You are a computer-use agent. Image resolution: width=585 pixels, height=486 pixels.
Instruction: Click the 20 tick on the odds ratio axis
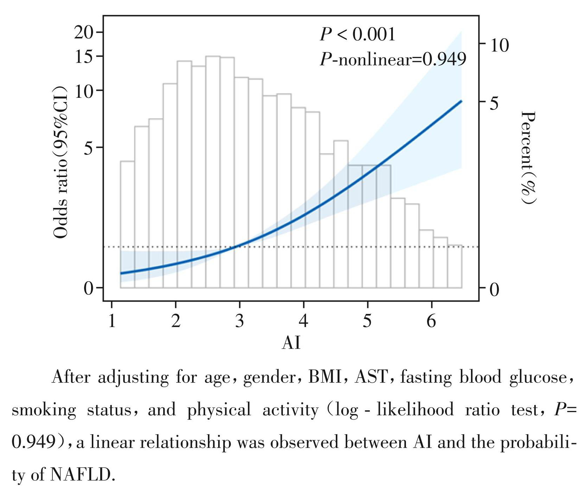(x=83, y=33)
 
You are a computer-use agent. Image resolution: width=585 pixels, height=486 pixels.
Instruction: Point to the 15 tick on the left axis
(x=84, y=56)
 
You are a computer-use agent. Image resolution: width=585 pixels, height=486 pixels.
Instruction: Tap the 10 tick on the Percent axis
(x=499, y=45)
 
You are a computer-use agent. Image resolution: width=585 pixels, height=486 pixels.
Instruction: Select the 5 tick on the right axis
(x=494, y=103)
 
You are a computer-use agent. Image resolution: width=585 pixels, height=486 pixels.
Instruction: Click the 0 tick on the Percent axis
(x=494, y=290)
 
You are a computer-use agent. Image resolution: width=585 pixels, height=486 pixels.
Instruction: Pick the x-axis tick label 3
(x=240, y=321)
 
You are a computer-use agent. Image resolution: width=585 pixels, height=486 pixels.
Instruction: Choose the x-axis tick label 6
(x=431, y=321)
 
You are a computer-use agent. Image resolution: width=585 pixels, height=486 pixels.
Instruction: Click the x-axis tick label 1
(x=112, y=321)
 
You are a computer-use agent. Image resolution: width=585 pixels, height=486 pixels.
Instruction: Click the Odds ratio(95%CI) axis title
(x=60, y=162)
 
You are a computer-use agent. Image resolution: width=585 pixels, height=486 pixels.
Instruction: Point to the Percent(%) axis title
(x=528, y=157)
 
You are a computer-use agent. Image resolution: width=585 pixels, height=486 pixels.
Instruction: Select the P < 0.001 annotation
(x=357, y=34)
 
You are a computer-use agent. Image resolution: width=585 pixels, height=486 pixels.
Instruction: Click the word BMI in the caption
(x=325, y=377)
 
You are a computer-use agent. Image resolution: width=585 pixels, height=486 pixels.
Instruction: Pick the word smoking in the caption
(x=44, y=410)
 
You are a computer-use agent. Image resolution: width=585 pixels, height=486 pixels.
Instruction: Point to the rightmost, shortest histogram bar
(x=455, y=266)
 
